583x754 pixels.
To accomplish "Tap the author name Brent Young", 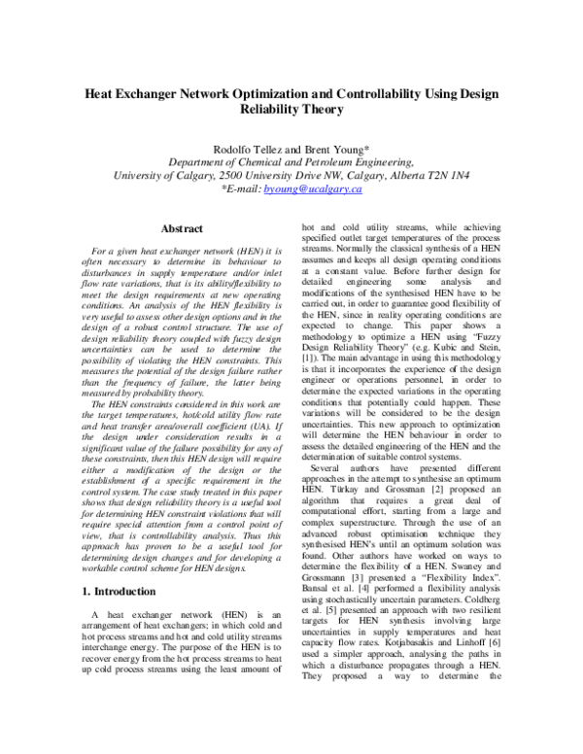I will [336, 148].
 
